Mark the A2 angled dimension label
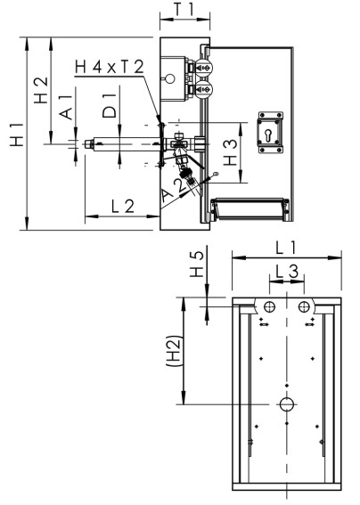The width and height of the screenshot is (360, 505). [175, 189]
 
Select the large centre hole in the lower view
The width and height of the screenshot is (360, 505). [286, 404]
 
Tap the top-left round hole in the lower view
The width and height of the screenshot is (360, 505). [269, 306]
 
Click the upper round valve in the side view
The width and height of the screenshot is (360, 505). [204, 69]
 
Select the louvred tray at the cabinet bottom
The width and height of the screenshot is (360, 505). [250, 209]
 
